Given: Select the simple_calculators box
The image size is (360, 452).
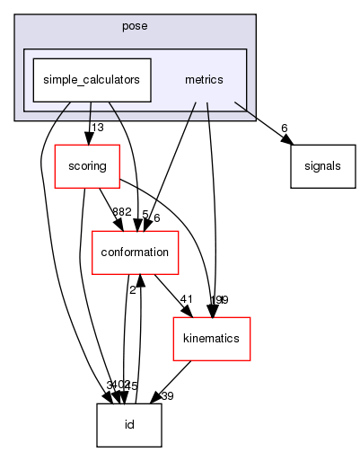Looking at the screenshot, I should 87,79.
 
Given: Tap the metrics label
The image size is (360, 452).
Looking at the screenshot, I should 203,79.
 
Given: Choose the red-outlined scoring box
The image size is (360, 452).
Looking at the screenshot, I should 82,166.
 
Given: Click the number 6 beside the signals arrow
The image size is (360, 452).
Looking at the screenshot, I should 285,128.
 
